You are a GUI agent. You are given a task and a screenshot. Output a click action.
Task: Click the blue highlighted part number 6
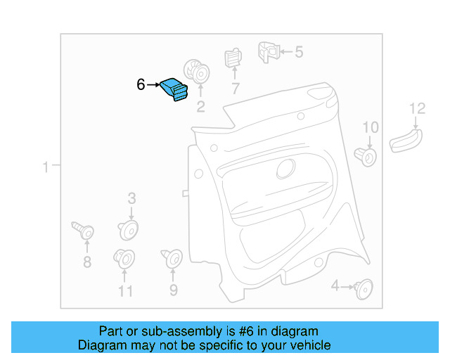click(x=175, y=90)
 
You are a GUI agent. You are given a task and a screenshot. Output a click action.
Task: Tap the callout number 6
click(x=141, y=85)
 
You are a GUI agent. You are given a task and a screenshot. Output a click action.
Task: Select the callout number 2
click(x=200, y=107)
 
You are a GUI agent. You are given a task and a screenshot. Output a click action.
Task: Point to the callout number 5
click(x=299, y=51)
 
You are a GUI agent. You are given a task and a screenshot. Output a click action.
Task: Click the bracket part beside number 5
click(x=266, y=50)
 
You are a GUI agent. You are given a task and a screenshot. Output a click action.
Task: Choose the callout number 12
click(x=418, y=108)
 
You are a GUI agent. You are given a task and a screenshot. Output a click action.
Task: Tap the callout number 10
click(x=370, y=127)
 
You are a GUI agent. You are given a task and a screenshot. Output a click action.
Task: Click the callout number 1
click(x=46, y=167)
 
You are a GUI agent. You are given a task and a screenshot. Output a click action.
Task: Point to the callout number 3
click(x=131, y=199)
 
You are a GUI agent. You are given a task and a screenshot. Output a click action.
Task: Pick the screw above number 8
click(x=83, y=229)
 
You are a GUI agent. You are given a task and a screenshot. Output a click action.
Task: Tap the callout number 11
click(x=125, y=290)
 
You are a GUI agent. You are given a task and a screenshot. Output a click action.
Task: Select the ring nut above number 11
click(x=124, y=259)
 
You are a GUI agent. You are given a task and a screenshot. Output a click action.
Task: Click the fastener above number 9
click(x=172, y=259)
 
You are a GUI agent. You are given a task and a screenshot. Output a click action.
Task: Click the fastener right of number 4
click(x=364, y=287)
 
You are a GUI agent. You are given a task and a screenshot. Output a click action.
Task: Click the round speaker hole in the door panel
click(x=286, y=169)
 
